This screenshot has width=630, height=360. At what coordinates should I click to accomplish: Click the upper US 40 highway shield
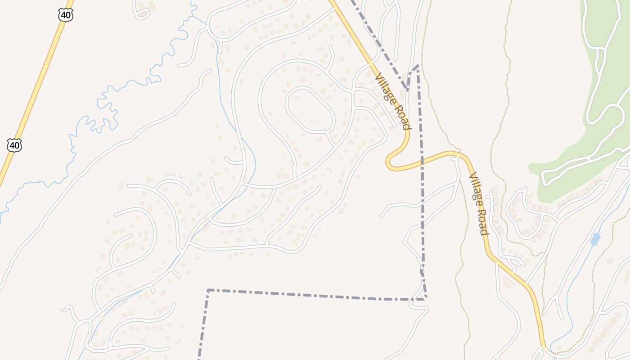[65, 15]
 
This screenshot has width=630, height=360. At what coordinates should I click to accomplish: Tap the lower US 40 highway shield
[14, 145]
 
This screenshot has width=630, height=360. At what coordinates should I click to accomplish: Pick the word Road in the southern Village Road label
[483, 221]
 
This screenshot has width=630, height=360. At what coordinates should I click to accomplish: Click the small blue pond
[595, 238]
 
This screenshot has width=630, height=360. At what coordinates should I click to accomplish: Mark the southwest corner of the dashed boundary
[208, 290]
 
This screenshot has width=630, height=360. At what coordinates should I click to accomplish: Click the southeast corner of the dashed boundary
[425, 298]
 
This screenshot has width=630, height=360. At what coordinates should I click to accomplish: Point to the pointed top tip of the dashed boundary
[418, 66]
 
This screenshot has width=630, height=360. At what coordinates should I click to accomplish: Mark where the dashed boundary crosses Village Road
[422, 160]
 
